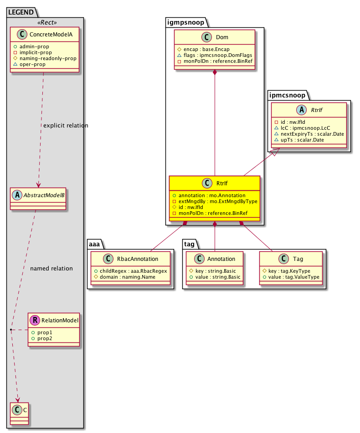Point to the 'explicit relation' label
65,125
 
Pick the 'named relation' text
51,268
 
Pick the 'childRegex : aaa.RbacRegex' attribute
130,270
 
